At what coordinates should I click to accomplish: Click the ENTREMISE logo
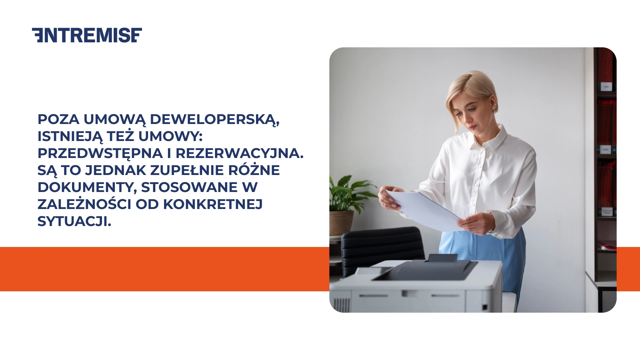click(87, 35)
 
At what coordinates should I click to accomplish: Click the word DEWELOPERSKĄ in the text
click(214, 120)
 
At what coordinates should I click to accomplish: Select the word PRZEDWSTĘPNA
click(100, 154)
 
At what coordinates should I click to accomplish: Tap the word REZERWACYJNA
click(239, 154)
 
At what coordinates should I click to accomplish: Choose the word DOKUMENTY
click(87, 188)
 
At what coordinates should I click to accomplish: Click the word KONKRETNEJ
click(213, 205)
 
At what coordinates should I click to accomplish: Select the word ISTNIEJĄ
click(70, 137)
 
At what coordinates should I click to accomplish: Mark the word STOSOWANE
click(189, 188)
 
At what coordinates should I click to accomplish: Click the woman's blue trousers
click(483, 247)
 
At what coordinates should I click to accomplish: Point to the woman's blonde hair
click(470, 85)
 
